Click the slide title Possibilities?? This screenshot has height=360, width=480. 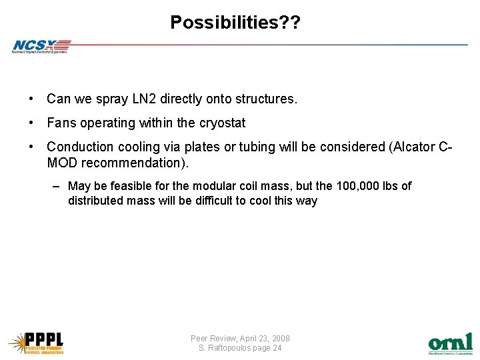pyautogui.click(x=235, y=22)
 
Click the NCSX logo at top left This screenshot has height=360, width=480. pyautogui.click(x=41, y=46)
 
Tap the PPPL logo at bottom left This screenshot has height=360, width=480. pyautogui.click(x=36, y=342)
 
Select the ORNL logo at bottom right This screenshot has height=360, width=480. pyautogui.click(x=450, y=343)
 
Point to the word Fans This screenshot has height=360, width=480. pyautogui.click(x=61, y=123)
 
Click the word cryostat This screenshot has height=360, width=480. pyautogui.click(x=222, y=123)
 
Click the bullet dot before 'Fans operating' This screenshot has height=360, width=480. pyautogui.click(x=31, y=123)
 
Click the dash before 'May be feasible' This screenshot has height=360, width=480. pyautogui.click(x=58, y=186)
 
